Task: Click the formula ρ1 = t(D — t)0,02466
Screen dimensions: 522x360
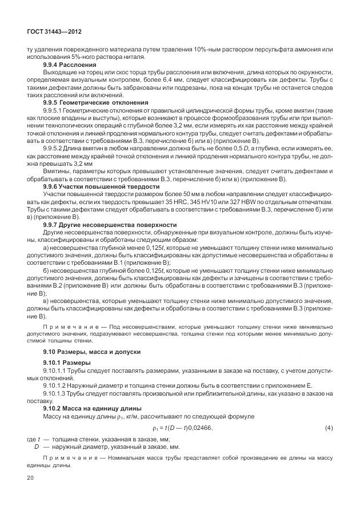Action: [182, 428]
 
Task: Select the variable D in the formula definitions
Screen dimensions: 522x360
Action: [37, 447]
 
